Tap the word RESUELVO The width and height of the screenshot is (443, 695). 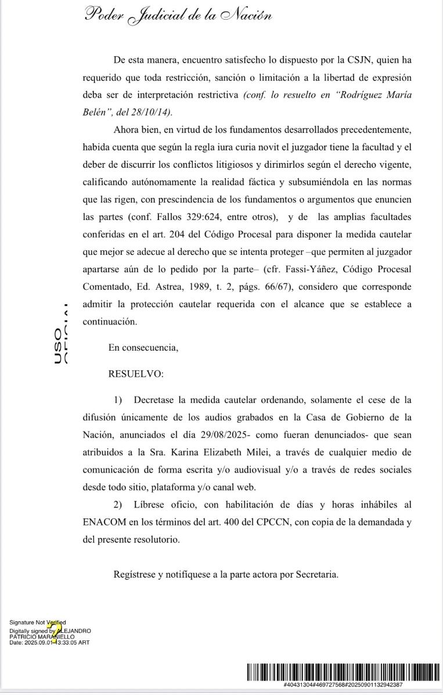[136, 374]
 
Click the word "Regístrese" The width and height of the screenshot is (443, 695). [135, 575]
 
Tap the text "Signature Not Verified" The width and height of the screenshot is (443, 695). [37, 623]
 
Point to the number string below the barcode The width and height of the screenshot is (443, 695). [343, 685]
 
